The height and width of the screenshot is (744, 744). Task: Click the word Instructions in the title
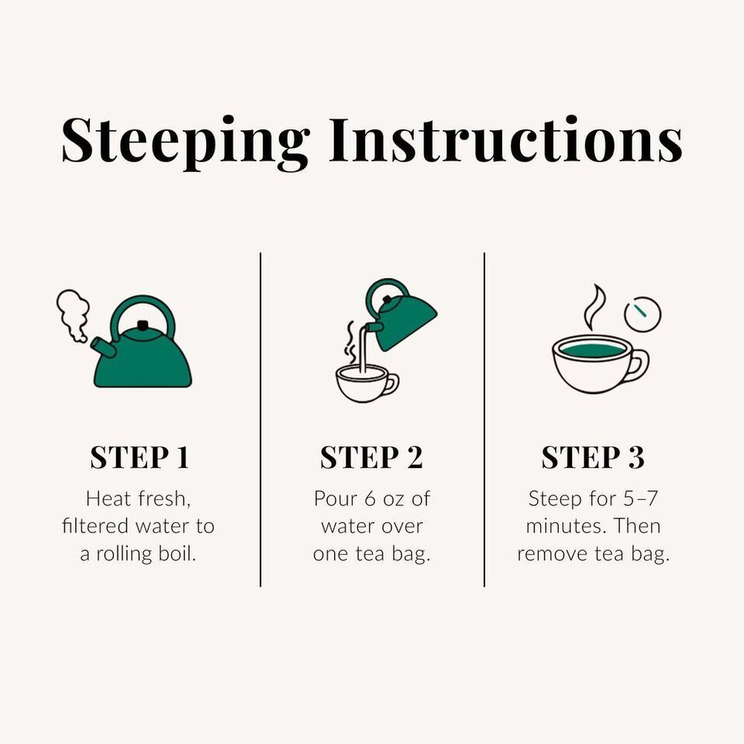coord(506,139)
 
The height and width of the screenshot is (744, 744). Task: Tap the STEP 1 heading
coord(139,457)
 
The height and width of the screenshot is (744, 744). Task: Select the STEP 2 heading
coord(371,457)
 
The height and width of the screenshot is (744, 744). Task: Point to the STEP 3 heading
coord(593,457)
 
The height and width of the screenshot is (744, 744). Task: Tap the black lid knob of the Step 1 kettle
coord(142,325)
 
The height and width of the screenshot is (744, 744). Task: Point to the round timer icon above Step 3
coord(642,314)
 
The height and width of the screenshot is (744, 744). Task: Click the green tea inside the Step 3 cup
coord(592,350)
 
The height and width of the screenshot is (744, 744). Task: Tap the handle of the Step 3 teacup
coord(639,365)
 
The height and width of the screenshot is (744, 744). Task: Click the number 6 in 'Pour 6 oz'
coord(370,499)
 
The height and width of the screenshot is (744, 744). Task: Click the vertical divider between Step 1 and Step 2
coord(260,419)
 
